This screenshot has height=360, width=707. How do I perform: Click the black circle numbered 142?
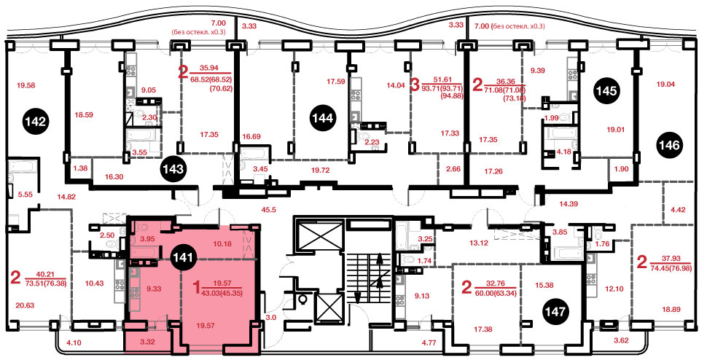click(x=35, y=122)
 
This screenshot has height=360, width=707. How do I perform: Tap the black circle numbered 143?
click(x=173, y=169)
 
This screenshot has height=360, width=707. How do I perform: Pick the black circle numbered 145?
click(x=606, y=91)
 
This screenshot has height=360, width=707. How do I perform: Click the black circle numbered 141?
click(x=184, y=258)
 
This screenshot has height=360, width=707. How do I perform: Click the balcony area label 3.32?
click(x=147, y=342)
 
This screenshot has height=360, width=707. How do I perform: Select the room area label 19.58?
click(x=26, y=85)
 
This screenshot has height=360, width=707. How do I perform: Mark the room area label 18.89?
click(x=671, y=309)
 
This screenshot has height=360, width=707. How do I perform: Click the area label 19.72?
click(x=321, y=171)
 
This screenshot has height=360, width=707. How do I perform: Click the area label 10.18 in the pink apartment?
click(x=221, y=244)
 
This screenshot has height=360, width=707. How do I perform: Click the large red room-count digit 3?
click(x=417, y=85)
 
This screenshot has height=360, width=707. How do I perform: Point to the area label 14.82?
click(x=67, y=196)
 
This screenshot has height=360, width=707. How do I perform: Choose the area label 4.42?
click(x=679, y=208)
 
